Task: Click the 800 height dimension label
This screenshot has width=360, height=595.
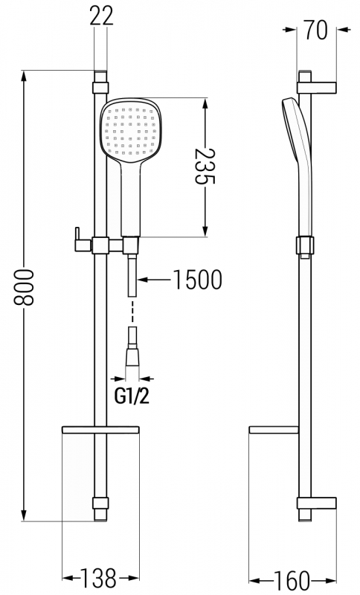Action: click(x=24, y=287)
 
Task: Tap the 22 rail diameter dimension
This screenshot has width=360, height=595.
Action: click(x=101, y=16)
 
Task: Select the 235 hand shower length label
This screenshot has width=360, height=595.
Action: click(x=205, y=166)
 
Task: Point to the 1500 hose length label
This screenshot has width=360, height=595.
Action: click(x=197, y=280)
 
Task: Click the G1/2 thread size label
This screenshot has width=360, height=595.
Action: click(x=132, y=396)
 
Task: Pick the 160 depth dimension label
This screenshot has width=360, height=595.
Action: click(x=291, y=580)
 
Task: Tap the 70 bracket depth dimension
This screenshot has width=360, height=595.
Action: click(x=315, y=30)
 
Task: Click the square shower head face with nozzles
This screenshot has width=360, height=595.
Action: click(x=131, y=131)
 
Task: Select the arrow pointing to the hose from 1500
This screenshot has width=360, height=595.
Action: click(x=154, y=280)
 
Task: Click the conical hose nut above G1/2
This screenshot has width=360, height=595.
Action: click(x=132, y=358)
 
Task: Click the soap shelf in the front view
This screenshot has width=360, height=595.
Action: click(x=100, y=430)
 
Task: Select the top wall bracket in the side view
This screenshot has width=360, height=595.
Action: click(x=317, y=87)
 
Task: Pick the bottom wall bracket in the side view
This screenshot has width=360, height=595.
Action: click(x=317, y=503)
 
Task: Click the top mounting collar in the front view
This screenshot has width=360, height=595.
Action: click(x=100, y=88)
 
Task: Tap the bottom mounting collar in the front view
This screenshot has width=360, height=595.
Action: click(x=100, y=504)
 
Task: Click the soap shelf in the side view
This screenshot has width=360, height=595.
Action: click(x=274, y=430)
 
